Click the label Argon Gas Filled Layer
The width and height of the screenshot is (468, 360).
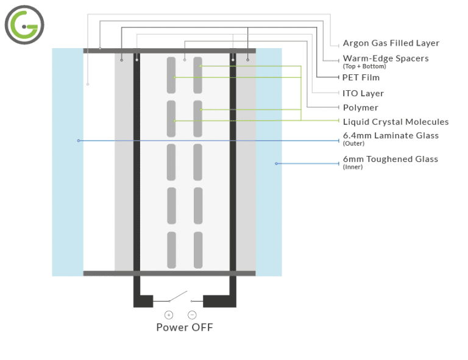391,43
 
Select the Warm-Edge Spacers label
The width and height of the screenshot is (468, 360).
386,58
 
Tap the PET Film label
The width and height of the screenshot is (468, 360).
361,77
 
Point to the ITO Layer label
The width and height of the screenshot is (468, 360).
363,93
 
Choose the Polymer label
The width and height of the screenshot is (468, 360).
360,108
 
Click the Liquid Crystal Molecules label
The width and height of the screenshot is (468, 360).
395,122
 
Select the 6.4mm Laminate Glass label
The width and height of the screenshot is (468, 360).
391,136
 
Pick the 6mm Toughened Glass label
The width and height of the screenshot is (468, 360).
390,159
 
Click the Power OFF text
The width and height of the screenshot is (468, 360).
185,327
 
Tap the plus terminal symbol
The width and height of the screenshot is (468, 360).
169,315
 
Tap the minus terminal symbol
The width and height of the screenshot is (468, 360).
191,315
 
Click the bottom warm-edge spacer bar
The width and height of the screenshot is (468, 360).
169,273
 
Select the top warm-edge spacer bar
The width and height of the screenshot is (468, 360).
169,50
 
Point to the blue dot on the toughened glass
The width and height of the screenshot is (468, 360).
276,163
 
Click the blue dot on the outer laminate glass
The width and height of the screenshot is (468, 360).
79,141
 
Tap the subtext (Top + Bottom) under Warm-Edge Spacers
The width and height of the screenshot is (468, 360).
360,66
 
